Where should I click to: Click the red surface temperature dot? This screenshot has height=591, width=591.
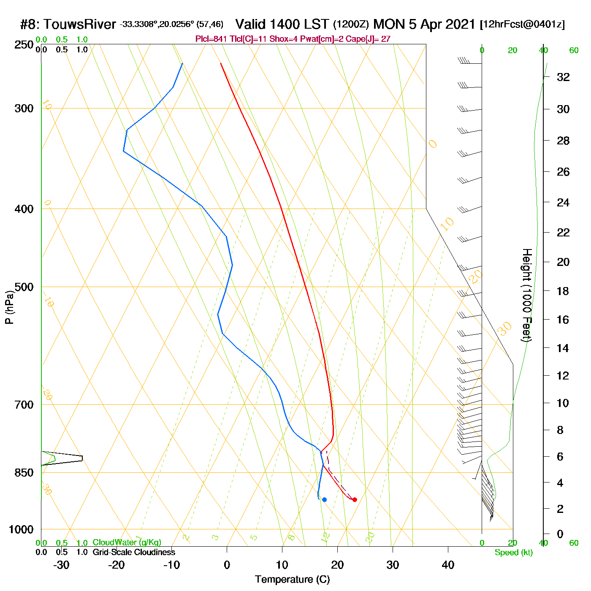[x=355, y=499]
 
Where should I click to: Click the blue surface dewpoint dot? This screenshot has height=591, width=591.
[x=324, y=499]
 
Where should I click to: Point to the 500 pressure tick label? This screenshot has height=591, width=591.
[x=24, y=287]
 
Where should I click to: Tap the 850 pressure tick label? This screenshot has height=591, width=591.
[x=24, y=473]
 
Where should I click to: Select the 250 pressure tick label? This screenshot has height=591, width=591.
[x=24, y=45]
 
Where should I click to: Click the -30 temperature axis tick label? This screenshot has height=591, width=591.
[x=61, y=565]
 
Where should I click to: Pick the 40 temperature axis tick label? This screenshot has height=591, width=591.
[x=448, y=565]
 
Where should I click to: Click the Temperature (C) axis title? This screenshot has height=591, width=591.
[x=292, y=580]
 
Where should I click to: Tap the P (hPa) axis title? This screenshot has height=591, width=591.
[x=9, y=307]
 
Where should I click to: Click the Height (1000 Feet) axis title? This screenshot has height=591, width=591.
[x=526, y=295]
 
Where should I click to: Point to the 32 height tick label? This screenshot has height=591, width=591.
[x=563, y=77]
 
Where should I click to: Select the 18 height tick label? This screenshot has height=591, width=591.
[x=563, y=291]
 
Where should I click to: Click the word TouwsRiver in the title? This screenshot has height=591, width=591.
[x=80, y=24]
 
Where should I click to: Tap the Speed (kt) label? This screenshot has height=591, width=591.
[x=513, y=553]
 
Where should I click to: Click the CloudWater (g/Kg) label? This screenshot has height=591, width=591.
[x=127, y=542]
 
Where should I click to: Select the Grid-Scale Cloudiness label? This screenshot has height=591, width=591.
[x=134, y=552]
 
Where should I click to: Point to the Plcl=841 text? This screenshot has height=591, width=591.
[x=211, y=39]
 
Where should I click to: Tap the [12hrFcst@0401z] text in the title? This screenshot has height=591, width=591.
[x=522, y=24]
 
